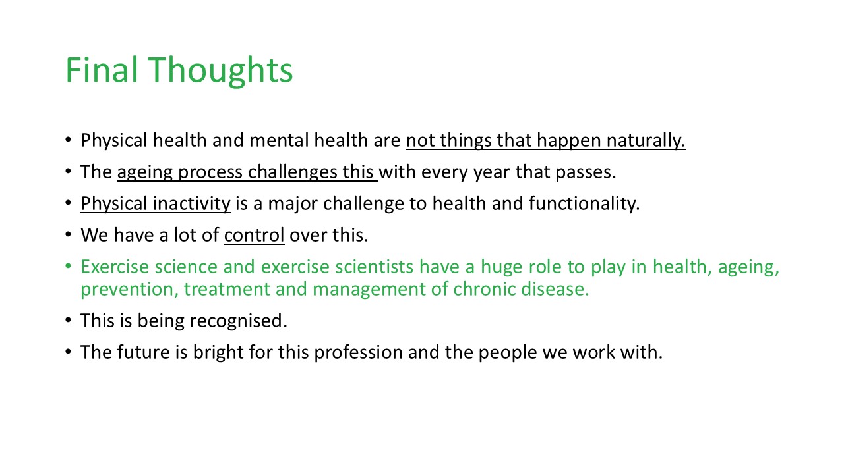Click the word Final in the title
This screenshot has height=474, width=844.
coord(102,70)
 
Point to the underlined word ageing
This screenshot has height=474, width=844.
coord(145,173)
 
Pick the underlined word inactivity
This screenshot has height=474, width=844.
coord(191,203)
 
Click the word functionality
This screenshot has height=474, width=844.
coord(584,203)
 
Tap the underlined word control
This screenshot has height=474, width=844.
coord(255,235)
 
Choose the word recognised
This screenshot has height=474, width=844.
coord(238,321)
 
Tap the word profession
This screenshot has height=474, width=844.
coord(358,353)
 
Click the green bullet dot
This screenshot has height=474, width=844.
coord(68,266)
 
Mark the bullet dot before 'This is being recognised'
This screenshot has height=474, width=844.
coord(68,320)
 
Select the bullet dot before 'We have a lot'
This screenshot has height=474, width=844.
coord(68,234)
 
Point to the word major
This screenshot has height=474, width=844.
coord(293,204)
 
